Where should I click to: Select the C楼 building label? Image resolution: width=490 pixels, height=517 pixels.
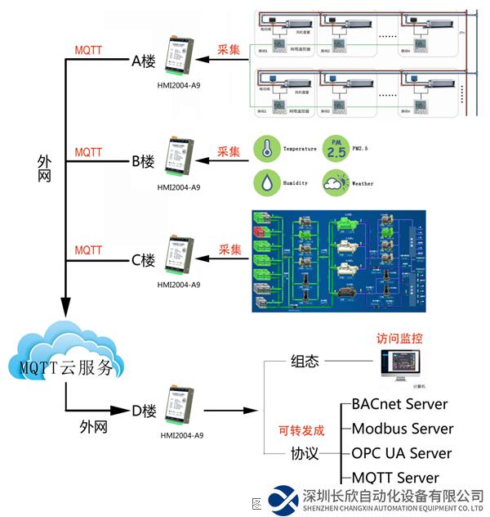pyautogui.click(x=144, y=261)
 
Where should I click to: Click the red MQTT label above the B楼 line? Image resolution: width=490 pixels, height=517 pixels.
pyautogui.click(x=88, y=152)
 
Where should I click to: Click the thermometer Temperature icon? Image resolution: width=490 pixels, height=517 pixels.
pyautogui.click(x=264, y=149)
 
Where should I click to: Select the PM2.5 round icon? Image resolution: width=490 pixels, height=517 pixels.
pyautogui.click(x=336, y=148)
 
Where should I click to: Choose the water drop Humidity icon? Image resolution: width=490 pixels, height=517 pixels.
pyautogui.click(x=264, y=182)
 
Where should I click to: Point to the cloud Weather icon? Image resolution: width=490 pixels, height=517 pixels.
pyautogui.click(x=336, y=183)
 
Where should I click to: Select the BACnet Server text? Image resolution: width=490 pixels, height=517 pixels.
pyautogui.click(x=399, y=404)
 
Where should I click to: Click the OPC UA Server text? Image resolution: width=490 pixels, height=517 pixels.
pyautogui.click(x=401, y=453)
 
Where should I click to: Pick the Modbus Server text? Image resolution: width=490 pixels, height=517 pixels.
pyautogui.click(x=402, y=429)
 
